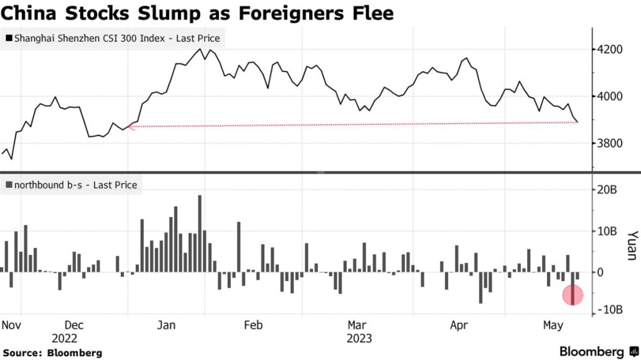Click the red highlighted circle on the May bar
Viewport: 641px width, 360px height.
(573, 294)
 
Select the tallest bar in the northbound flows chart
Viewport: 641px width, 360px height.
(200, 233)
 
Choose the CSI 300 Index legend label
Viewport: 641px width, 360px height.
(116, 38)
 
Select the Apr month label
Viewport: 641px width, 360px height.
(459, 325)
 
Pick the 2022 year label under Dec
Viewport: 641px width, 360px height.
(64, 338)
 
